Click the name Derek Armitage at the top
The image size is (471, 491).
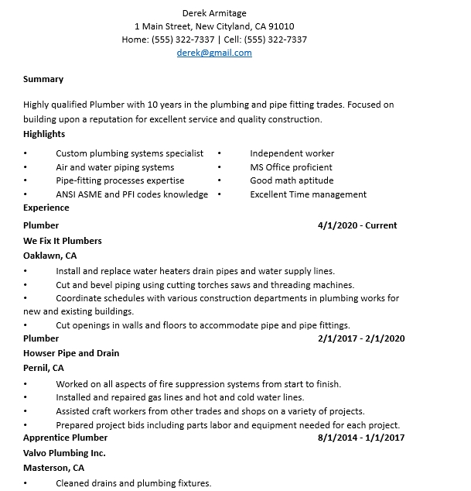point(214,12)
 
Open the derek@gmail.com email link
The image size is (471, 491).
point(214,53)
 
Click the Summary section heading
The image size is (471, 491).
point(43,79)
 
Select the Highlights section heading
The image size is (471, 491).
point(44,134)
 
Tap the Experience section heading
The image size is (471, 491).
point(46,208)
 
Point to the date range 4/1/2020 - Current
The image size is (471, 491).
point(357,225)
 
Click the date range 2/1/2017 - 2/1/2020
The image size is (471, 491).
point(361,338)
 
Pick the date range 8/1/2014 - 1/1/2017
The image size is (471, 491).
point(361,438)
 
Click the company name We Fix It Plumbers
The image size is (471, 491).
point(63,241)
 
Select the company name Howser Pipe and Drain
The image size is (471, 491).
point(71,353)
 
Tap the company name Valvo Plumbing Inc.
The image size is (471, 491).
point(64,453)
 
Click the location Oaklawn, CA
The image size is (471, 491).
point(50,255)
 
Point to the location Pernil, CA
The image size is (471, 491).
point(43,368)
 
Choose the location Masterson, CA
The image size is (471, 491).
point(53,468)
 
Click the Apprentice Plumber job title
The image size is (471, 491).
point(65,438)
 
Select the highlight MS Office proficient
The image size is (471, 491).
point(291,167)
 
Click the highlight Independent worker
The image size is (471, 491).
point(292,153)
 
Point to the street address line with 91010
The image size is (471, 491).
point(214,26)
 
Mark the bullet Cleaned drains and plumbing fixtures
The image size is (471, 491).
point(133,483)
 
